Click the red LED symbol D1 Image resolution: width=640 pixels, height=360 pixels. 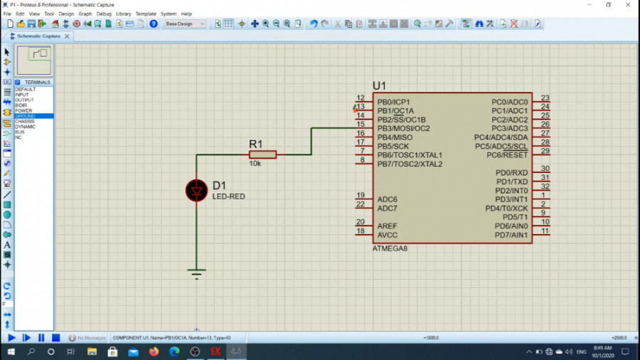[x=197, y=190]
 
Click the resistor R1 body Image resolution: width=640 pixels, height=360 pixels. [x=262, y=154]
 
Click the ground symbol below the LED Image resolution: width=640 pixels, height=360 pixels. [x=197, y=273]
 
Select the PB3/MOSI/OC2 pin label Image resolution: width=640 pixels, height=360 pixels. [x=403, y=129]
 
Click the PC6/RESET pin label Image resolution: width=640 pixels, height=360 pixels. [x=507, y=155]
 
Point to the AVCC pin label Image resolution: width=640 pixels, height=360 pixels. [x=388, y=235]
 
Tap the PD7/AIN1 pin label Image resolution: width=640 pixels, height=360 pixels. [x=511, y=235]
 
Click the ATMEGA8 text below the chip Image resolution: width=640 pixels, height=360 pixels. [x=390, y=249]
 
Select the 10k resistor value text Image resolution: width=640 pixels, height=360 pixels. [x=255, y=164]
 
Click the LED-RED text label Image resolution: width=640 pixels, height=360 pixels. [x=228, y=196]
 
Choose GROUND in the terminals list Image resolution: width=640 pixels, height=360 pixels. [x=26, y=116]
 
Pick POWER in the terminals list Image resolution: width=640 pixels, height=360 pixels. [x=24, y=111]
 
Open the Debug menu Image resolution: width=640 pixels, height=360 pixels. [x=104, y=14]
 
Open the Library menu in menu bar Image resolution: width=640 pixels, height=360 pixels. [x=123, y=14]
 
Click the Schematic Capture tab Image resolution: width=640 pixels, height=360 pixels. [x=38, y=36]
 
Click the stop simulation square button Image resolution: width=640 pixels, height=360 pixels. [x=55, y=338]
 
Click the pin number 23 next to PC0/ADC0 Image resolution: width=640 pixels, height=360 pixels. [x=545, y=98]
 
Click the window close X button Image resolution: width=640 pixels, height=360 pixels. [x=627, y=4]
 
